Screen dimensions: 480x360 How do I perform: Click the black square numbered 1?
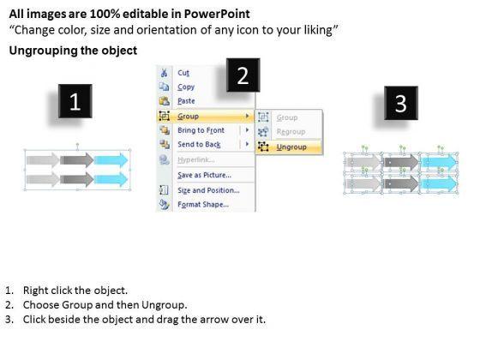pyautogui.click(x=75, y=101)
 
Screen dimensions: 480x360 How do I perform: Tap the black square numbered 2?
pyautogui.click(x=243, y=75)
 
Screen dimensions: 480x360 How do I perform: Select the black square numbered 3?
pyautogui.click(x=401, y=103)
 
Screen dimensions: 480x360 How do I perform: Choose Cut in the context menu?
pyautogui.click(x=183, y=73)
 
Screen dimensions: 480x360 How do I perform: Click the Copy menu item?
pyautogui.click(x=186, y=87)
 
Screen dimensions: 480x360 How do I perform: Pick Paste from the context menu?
pyautogui.click(x=186, y=101)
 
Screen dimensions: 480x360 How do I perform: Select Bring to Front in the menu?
pyautogui.click(x=201, y=130)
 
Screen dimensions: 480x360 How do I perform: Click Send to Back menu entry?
pyautogui.click(x=199, y=145)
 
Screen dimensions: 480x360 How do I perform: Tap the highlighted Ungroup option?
pyautogui.click(x=291, y=147)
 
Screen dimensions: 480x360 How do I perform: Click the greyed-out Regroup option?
pyautogui.click(x=291, y=132)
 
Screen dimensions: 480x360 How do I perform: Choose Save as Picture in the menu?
pyautogui.click(x=204, y=175)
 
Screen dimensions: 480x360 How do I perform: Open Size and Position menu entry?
pyautogui.click(x=208, y=190)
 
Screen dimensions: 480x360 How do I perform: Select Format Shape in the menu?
pyautogui.click(x=203, y=205)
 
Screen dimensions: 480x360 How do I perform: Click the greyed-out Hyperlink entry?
pyautogui.click(x=196, y=159)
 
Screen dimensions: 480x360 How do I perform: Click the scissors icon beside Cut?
pyautogui.click(x=164, y=73)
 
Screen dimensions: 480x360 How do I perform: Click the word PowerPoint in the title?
pyautogui.click(x=217, y=14)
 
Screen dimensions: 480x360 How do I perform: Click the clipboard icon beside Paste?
pyautogui.click(x=164, y=101)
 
